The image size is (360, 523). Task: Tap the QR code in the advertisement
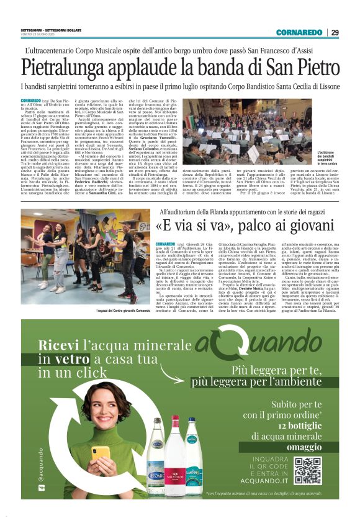coord(308,470)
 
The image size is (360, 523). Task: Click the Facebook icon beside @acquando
coord(42,494)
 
